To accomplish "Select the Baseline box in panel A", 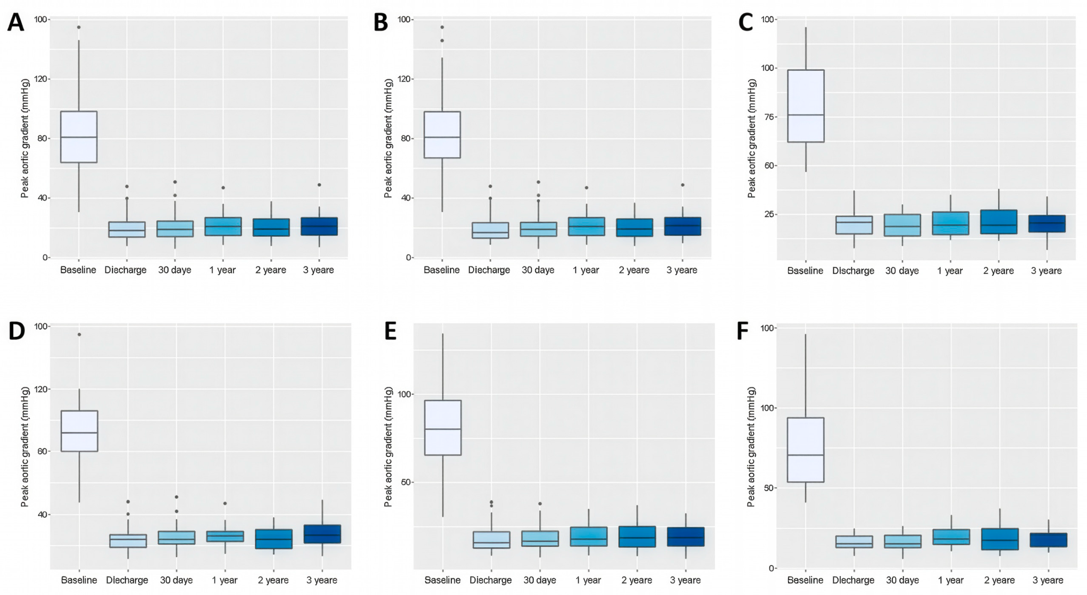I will click(x=79, y=137).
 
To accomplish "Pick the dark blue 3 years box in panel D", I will click(x=323, y=534).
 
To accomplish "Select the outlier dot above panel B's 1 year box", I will click(x=586, y=188).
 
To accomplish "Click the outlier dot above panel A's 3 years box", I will click(x=319, y=185).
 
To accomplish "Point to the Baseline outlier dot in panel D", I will click(x=79, y=335).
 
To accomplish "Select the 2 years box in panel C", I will click(x=999, y=222).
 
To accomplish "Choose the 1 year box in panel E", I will click(x=589, y=537).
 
